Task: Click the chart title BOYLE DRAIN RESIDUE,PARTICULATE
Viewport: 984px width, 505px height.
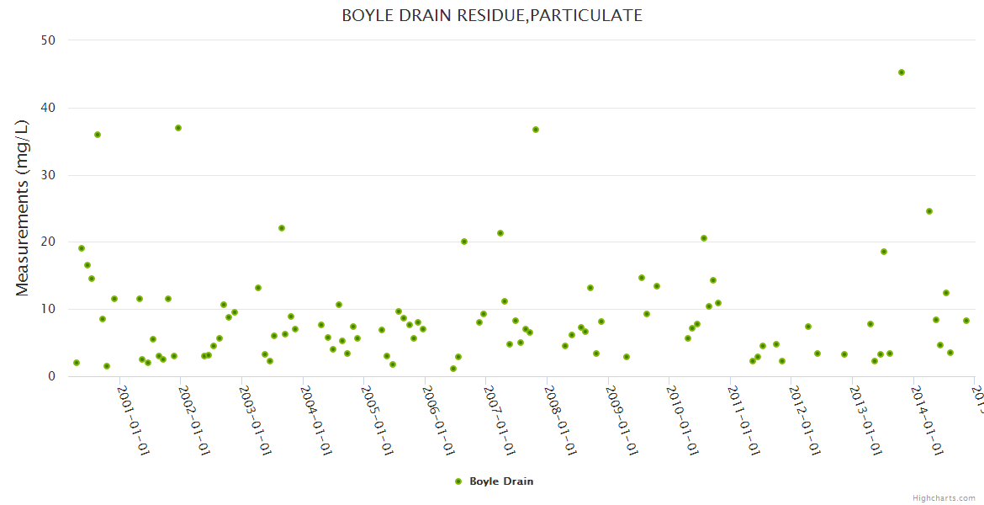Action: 492,15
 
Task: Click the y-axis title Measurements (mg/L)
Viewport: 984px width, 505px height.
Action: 23,208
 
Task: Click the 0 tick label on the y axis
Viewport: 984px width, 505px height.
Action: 52,376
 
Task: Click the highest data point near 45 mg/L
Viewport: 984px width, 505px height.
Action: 902,72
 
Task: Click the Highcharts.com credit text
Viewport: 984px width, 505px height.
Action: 944,498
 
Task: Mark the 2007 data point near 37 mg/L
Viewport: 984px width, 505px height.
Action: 536,130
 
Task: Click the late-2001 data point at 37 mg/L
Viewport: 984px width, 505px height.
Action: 178,128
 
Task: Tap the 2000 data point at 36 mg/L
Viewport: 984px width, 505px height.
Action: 98,135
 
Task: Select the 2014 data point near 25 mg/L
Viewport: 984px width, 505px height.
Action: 929,211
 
